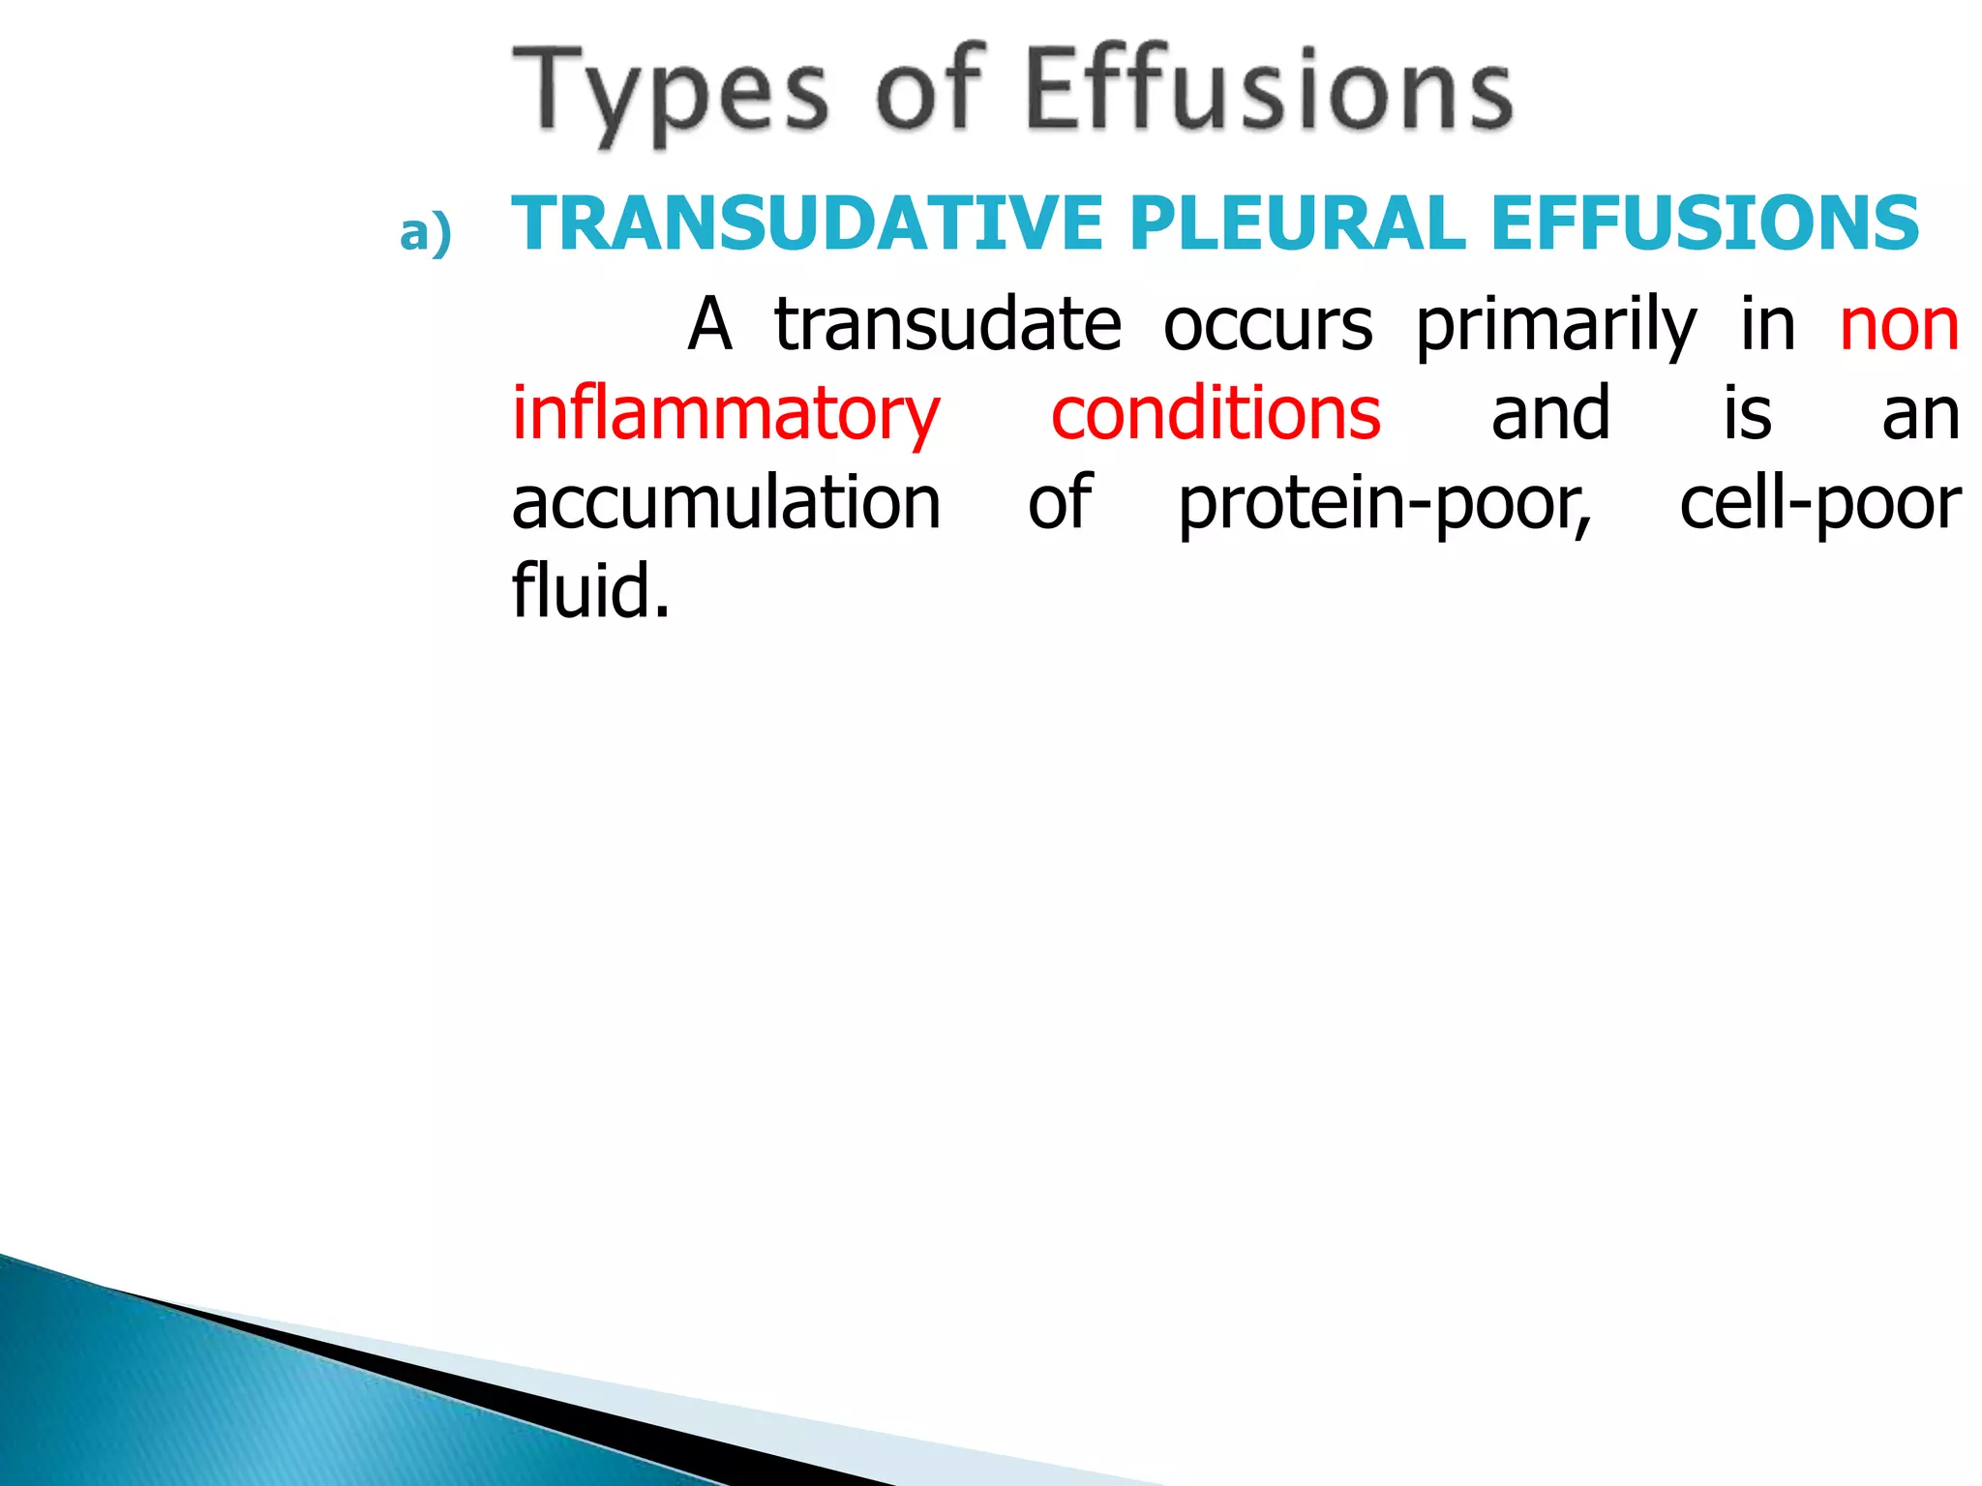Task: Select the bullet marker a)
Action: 426,233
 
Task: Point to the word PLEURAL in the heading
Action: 1297,223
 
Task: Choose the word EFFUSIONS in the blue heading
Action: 1704,223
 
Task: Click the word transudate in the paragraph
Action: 947,324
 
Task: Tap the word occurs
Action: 1268,324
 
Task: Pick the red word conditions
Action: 1216,414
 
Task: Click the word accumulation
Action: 726,503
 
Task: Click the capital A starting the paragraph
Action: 709,324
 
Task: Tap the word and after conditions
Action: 1550,414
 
